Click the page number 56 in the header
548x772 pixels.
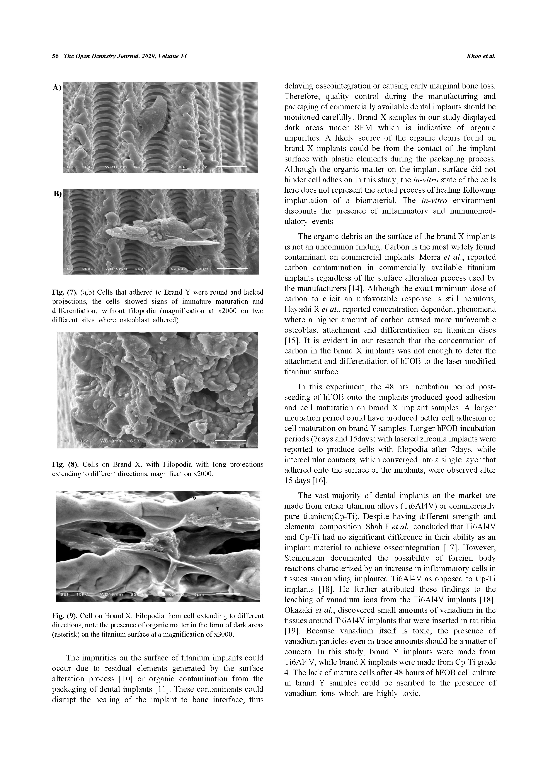(55, 56)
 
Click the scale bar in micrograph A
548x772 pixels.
(231, 167)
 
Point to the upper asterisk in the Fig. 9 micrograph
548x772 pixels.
(194, 499)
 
